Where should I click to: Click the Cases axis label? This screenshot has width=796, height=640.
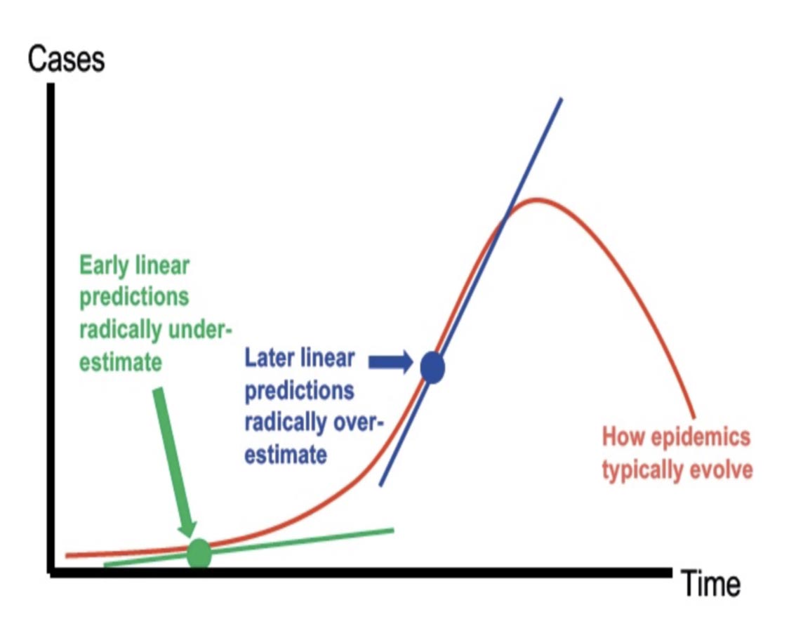[66, 60]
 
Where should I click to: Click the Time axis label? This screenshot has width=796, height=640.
[710, 584]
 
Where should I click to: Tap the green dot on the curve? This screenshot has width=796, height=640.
[199, 553]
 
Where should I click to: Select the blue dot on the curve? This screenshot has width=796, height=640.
[432, 368]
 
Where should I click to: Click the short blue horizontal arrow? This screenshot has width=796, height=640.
[390, 362]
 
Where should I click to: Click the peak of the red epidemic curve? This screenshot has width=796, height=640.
[536, 199]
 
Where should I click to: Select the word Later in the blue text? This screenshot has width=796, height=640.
[269, 359]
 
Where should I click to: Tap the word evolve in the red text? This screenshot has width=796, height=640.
[721, 469]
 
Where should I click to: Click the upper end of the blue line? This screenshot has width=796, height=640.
[561, 99]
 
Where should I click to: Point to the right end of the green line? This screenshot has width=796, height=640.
[393, 531]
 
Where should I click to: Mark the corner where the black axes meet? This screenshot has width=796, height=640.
[51, 573]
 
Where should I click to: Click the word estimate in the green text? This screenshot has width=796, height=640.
[120, 362]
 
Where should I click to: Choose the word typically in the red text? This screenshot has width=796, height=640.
[643, 470]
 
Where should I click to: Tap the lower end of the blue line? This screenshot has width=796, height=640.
[380, 485]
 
